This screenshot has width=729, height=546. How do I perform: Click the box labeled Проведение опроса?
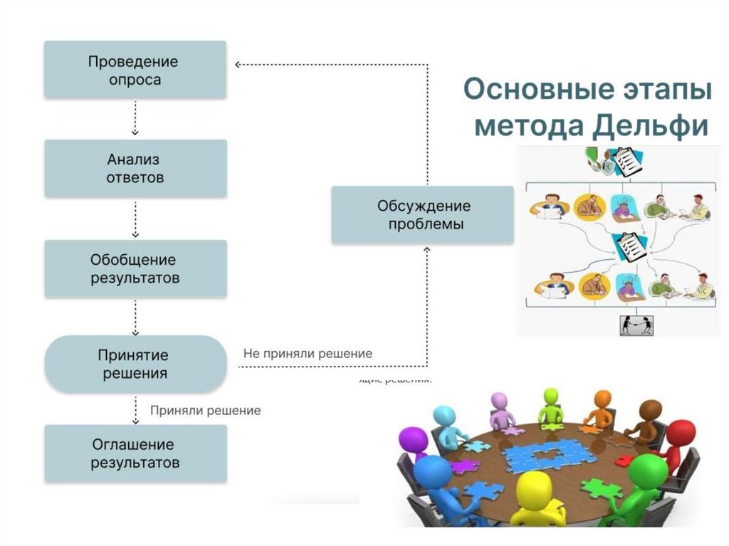135,70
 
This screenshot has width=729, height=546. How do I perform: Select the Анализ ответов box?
135,168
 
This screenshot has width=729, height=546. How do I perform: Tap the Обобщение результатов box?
135,268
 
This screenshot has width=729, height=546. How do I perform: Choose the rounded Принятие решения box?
135,364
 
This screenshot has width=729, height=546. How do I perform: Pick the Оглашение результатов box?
135,453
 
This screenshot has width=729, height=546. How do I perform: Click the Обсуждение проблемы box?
423,215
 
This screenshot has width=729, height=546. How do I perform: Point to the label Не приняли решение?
308,353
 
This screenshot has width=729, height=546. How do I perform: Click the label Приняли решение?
206,411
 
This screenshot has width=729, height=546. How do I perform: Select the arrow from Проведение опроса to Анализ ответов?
135,118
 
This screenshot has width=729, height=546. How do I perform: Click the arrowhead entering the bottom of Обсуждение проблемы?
427,250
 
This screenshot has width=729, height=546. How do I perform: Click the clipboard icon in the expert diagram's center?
630,246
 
